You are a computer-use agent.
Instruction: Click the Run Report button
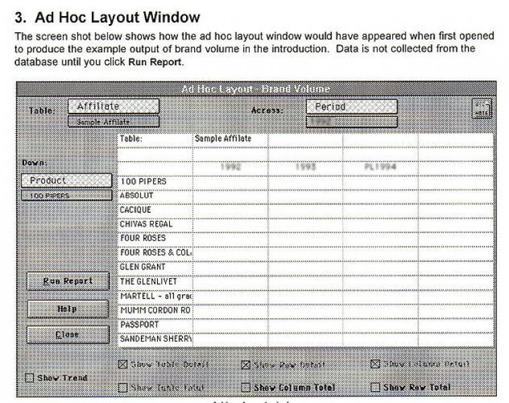point(67,281)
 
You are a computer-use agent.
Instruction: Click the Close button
point(67,334)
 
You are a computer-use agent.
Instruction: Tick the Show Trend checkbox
point(30,378)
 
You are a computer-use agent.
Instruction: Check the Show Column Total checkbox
point(246,388)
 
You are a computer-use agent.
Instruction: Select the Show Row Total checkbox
point(375,388)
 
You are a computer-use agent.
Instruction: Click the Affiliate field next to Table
point(113,107)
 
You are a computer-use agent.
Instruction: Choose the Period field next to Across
point(351,107)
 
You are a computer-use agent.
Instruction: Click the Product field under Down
point(66,181)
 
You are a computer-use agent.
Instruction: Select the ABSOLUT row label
point(137,195)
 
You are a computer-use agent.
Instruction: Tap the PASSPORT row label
point(139,324)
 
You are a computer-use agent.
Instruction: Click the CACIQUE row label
point(136,210)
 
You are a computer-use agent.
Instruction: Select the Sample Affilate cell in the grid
point(223,138)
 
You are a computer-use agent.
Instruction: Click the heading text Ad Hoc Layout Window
point(107,16)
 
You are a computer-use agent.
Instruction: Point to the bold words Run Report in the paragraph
point(156,62)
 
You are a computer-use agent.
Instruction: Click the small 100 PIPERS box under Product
point(66,195)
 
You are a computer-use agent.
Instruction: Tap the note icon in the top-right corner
point(482,109)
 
